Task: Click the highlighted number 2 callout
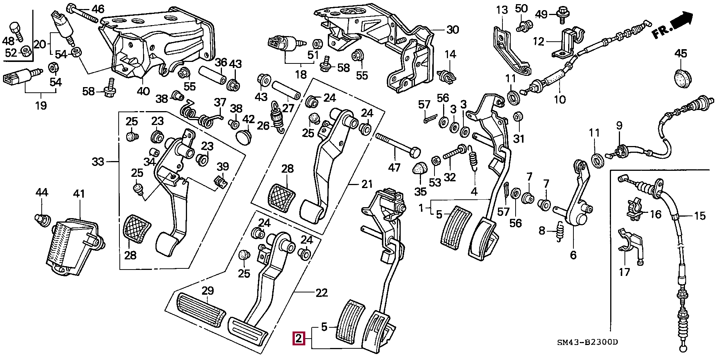[298, 339]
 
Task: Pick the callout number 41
[79, 194]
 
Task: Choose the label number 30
[453, 29]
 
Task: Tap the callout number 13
[502, 10]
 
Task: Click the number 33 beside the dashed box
[98, 162]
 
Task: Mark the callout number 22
[321, 292]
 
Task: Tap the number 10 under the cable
[560, 99]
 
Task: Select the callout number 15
[700, 216]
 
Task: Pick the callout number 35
[420, 191]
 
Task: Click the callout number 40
[143, 91]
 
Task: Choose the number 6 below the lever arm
[573, 255]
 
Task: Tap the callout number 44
[42, 193]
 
